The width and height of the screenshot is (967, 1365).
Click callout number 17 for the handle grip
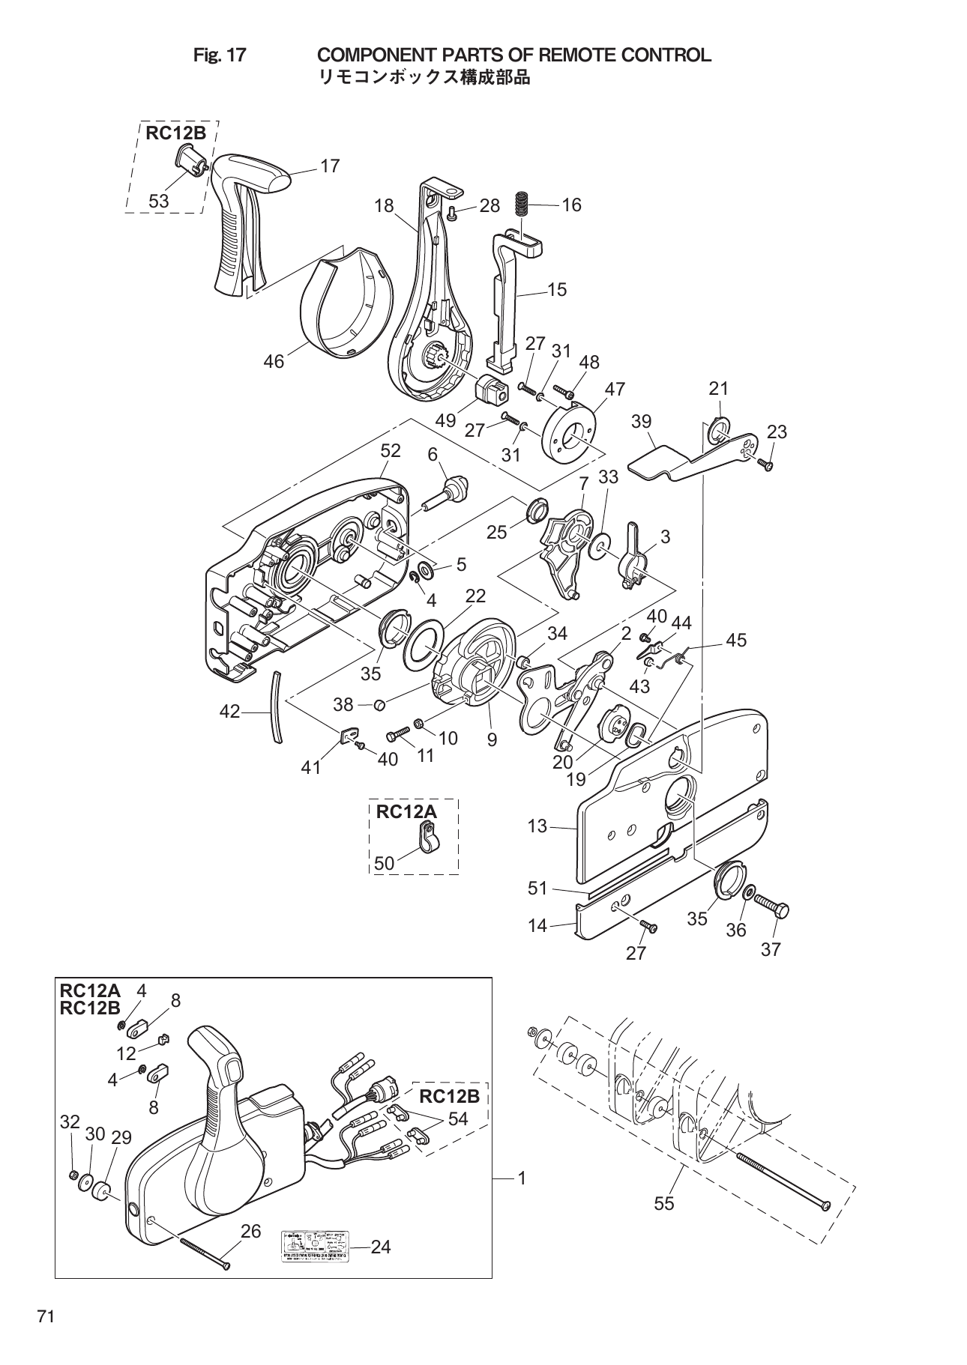(x=330, y=166)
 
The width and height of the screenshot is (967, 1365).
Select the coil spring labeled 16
(x=522, y=204)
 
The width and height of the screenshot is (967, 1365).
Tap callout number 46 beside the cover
(x=274, y=361)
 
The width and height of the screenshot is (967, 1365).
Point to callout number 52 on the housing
(x=391, y=451)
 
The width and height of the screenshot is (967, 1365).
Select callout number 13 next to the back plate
(x=537, y=826)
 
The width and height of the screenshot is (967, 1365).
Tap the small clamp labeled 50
(x=429, y=837)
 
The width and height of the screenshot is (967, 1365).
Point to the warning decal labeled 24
(x=315, y=1247)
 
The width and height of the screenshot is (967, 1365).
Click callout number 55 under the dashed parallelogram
(x=663, y=1203)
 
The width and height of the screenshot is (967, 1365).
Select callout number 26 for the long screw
(x=250, y=1231)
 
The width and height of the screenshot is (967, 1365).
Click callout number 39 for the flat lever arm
(x=641, y=421)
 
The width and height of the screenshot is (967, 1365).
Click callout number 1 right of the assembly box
(x=521, y=1178)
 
